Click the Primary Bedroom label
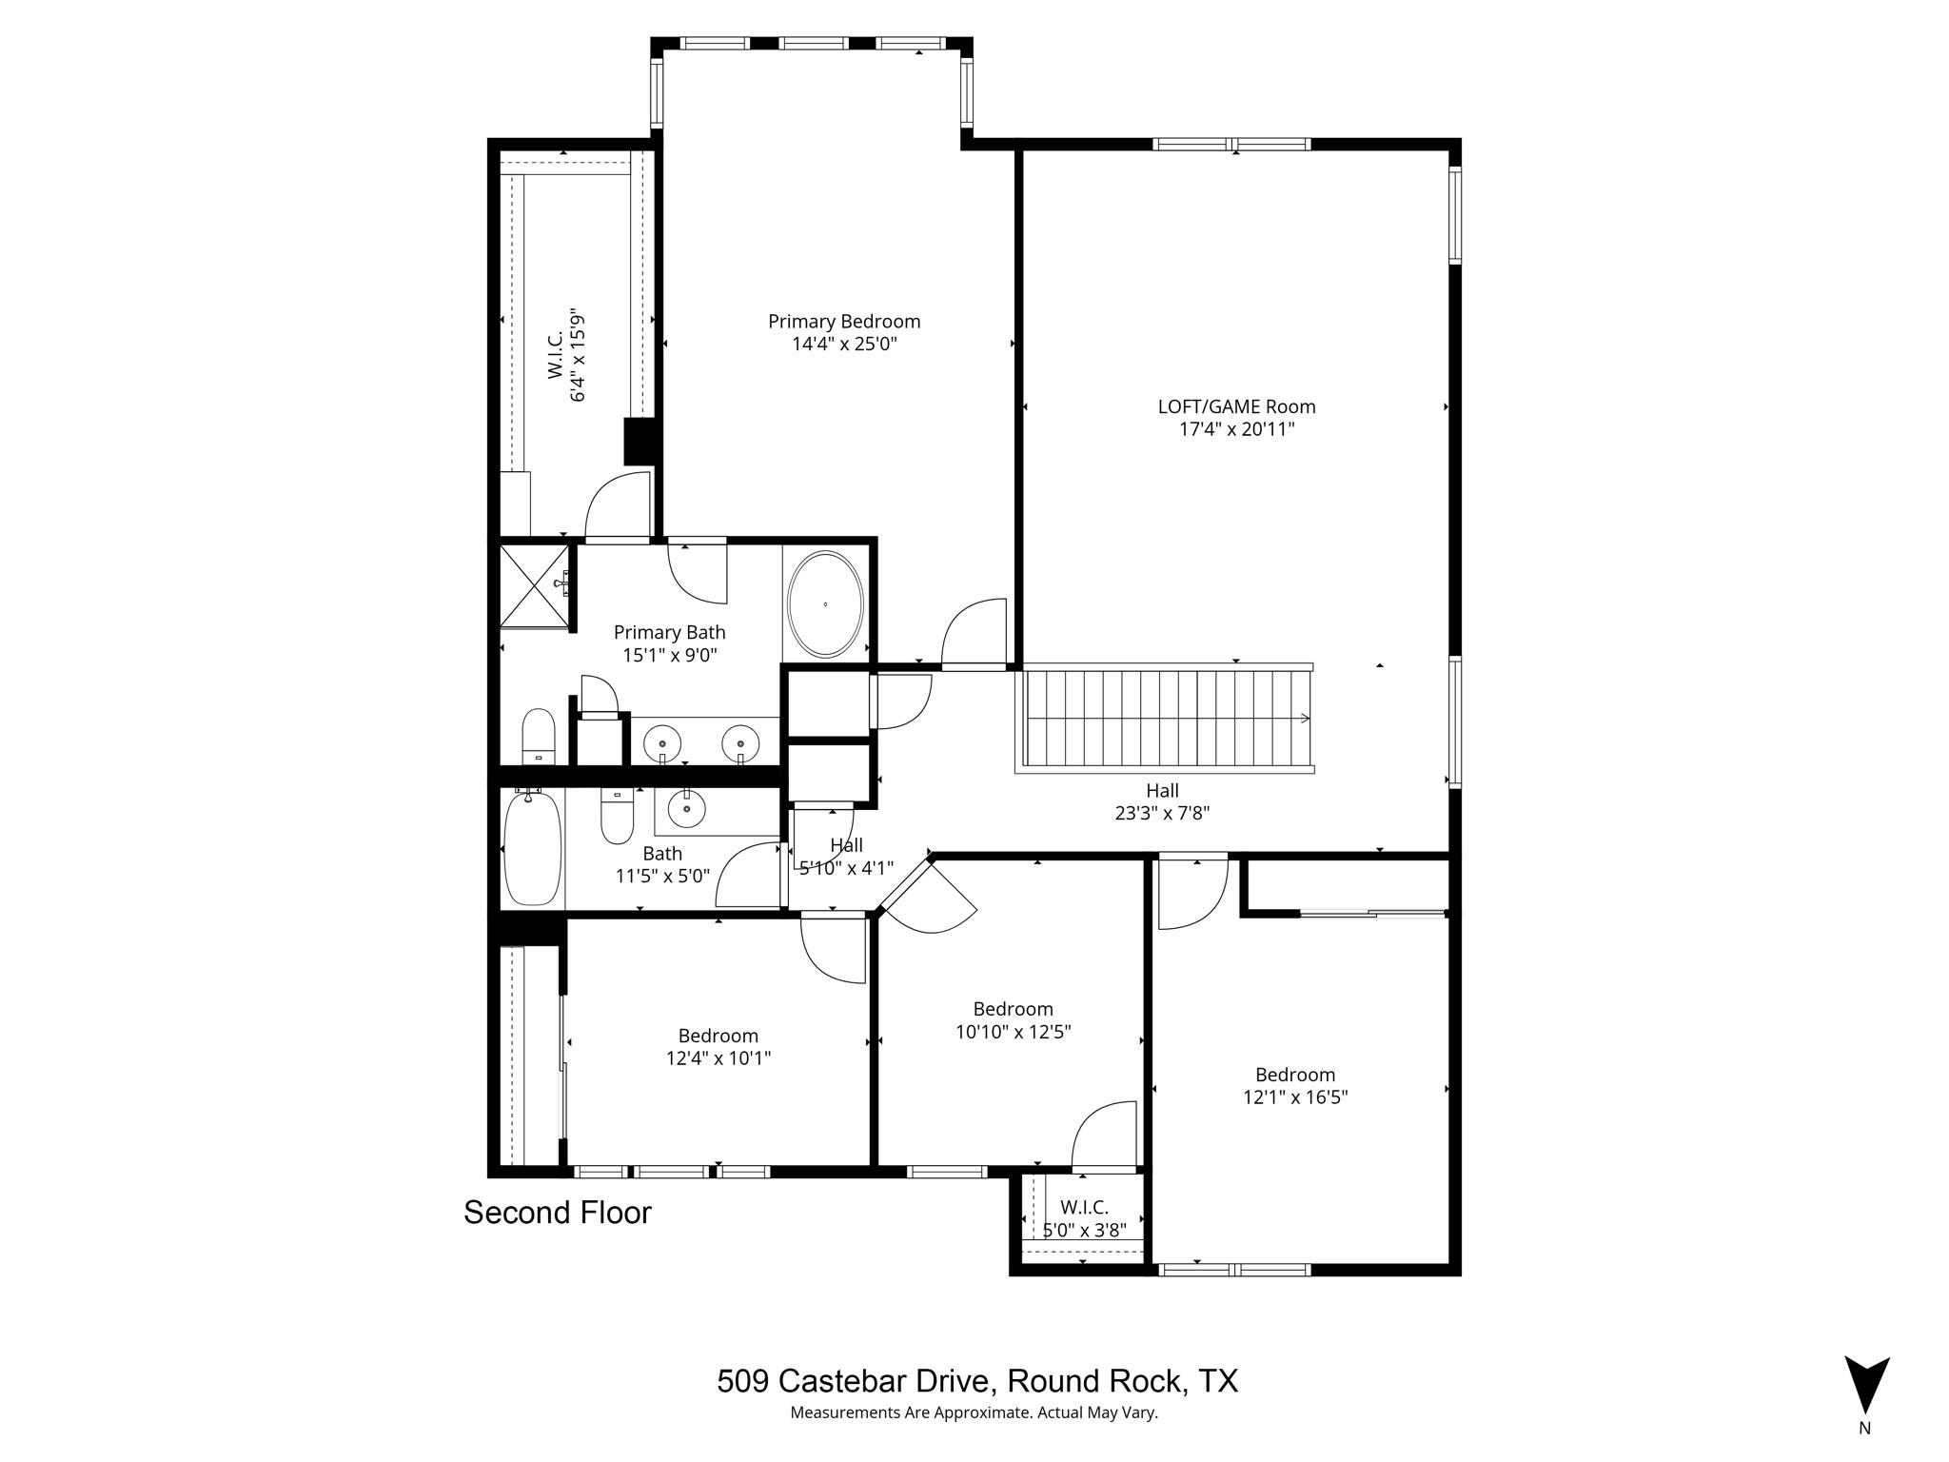[x=844, y=322]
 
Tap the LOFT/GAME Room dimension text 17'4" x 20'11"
[x=1236, y=429]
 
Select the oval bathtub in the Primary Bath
[x=825, y=603]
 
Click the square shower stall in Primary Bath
[x=534, y=585]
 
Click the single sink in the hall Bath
[x=686, y=810]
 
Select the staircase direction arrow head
[x=1305, y=719]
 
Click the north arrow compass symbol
[x=1866, y=1385]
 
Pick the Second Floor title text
[x=557, y=1213]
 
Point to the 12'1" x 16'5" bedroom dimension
[x=1295, y=1097]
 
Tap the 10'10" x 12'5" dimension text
[x=1013, y=1032]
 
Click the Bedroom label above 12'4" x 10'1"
[x=718, y=1036]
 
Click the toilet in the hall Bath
[x=617, y=818]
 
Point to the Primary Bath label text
[x=669, y=632]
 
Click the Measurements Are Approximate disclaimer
[x=974, y=1413]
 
